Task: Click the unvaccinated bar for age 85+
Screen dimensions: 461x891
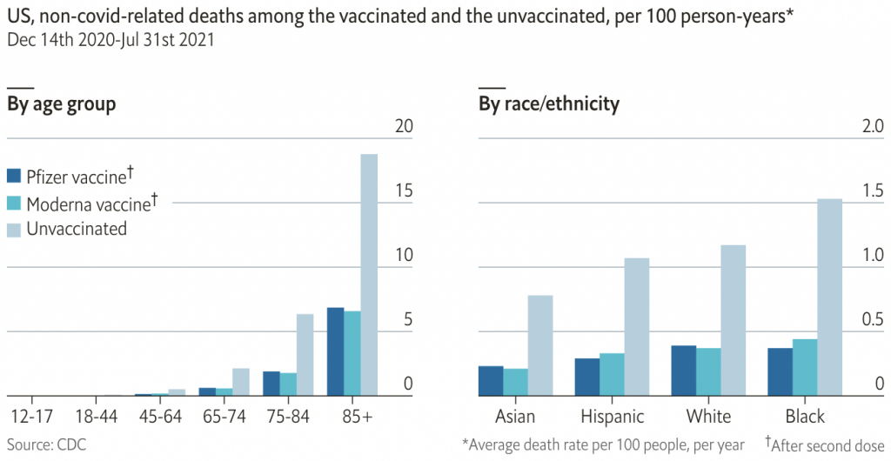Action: point(369,275)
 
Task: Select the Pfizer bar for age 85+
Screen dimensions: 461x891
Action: point(335,351)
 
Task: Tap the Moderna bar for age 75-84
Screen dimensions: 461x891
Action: point(288,384)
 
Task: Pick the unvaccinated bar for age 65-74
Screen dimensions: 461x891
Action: point(241,382)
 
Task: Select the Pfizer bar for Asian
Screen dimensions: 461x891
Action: point(491,380)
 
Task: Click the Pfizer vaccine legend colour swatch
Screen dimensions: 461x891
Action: point(14,176)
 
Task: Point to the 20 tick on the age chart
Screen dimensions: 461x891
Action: point(403,127)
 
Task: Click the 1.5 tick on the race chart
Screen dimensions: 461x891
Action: point(872,191)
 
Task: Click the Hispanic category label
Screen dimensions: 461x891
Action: point(612,416)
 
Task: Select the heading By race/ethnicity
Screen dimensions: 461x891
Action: point(548,104)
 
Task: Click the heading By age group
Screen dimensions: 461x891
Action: point(62,104)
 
